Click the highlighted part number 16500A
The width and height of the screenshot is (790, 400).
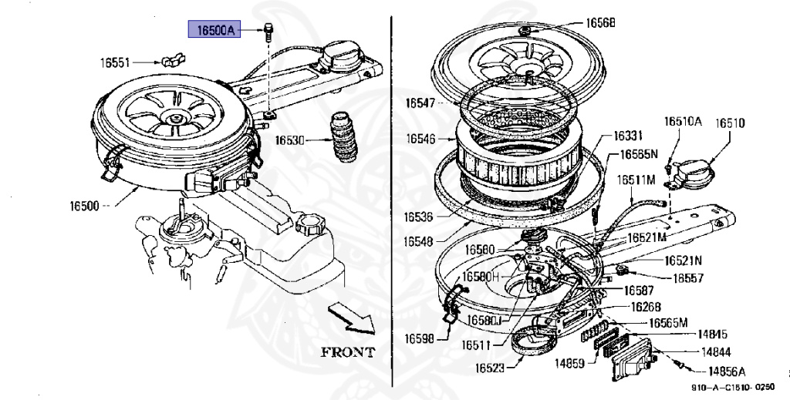pos(213,30)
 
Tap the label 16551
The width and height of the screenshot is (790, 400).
pos(114,62)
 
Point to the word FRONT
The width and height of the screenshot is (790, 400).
pos(348,353)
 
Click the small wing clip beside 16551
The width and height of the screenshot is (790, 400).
pos(170,59)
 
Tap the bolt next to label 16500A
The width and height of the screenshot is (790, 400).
pos(268,30)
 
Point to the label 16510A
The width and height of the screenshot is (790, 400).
pos(683,122)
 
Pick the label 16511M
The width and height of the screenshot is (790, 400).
pos(635,180)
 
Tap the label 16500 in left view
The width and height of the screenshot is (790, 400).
pos(85,207)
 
